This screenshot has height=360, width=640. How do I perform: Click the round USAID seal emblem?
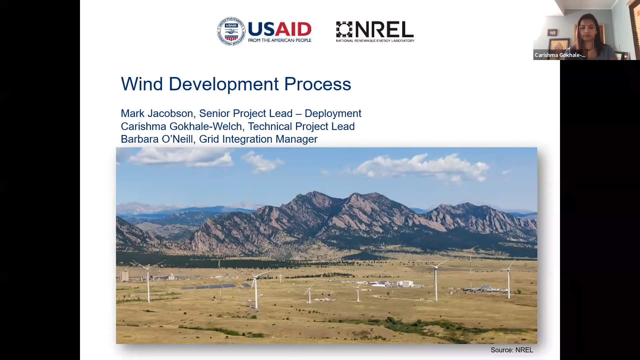[x=231, y=31]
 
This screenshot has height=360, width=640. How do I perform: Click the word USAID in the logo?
[x=280, y=29]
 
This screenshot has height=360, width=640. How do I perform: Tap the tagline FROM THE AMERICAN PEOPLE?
[x=280, y=40]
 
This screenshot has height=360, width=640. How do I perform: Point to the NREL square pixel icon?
[x=344, y=29]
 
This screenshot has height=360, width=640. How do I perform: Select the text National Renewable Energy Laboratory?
[x=375, y=41]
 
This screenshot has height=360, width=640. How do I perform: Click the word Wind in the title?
[x=142, y=84]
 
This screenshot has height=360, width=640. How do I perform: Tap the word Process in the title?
[x=317, y=84]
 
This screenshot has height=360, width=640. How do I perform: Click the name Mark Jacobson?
[x=157, y=113]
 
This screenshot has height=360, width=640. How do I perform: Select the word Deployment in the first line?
[x=333, y=114]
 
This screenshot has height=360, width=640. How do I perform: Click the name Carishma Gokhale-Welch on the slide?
[x=181, y=126]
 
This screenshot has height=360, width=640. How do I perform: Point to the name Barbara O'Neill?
[x=157, y=139]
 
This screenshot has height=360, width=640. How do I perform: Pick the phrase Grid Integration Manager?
[x=258, y=139]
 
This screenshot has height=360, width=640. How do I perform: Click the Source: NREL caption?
[x=512, y=350]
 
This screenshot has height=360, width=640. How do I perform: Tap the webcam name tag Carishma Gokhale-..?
[x=560, y=55]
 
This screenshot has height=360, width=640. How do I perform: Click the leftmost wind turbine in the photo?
[x=148, y=282]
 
